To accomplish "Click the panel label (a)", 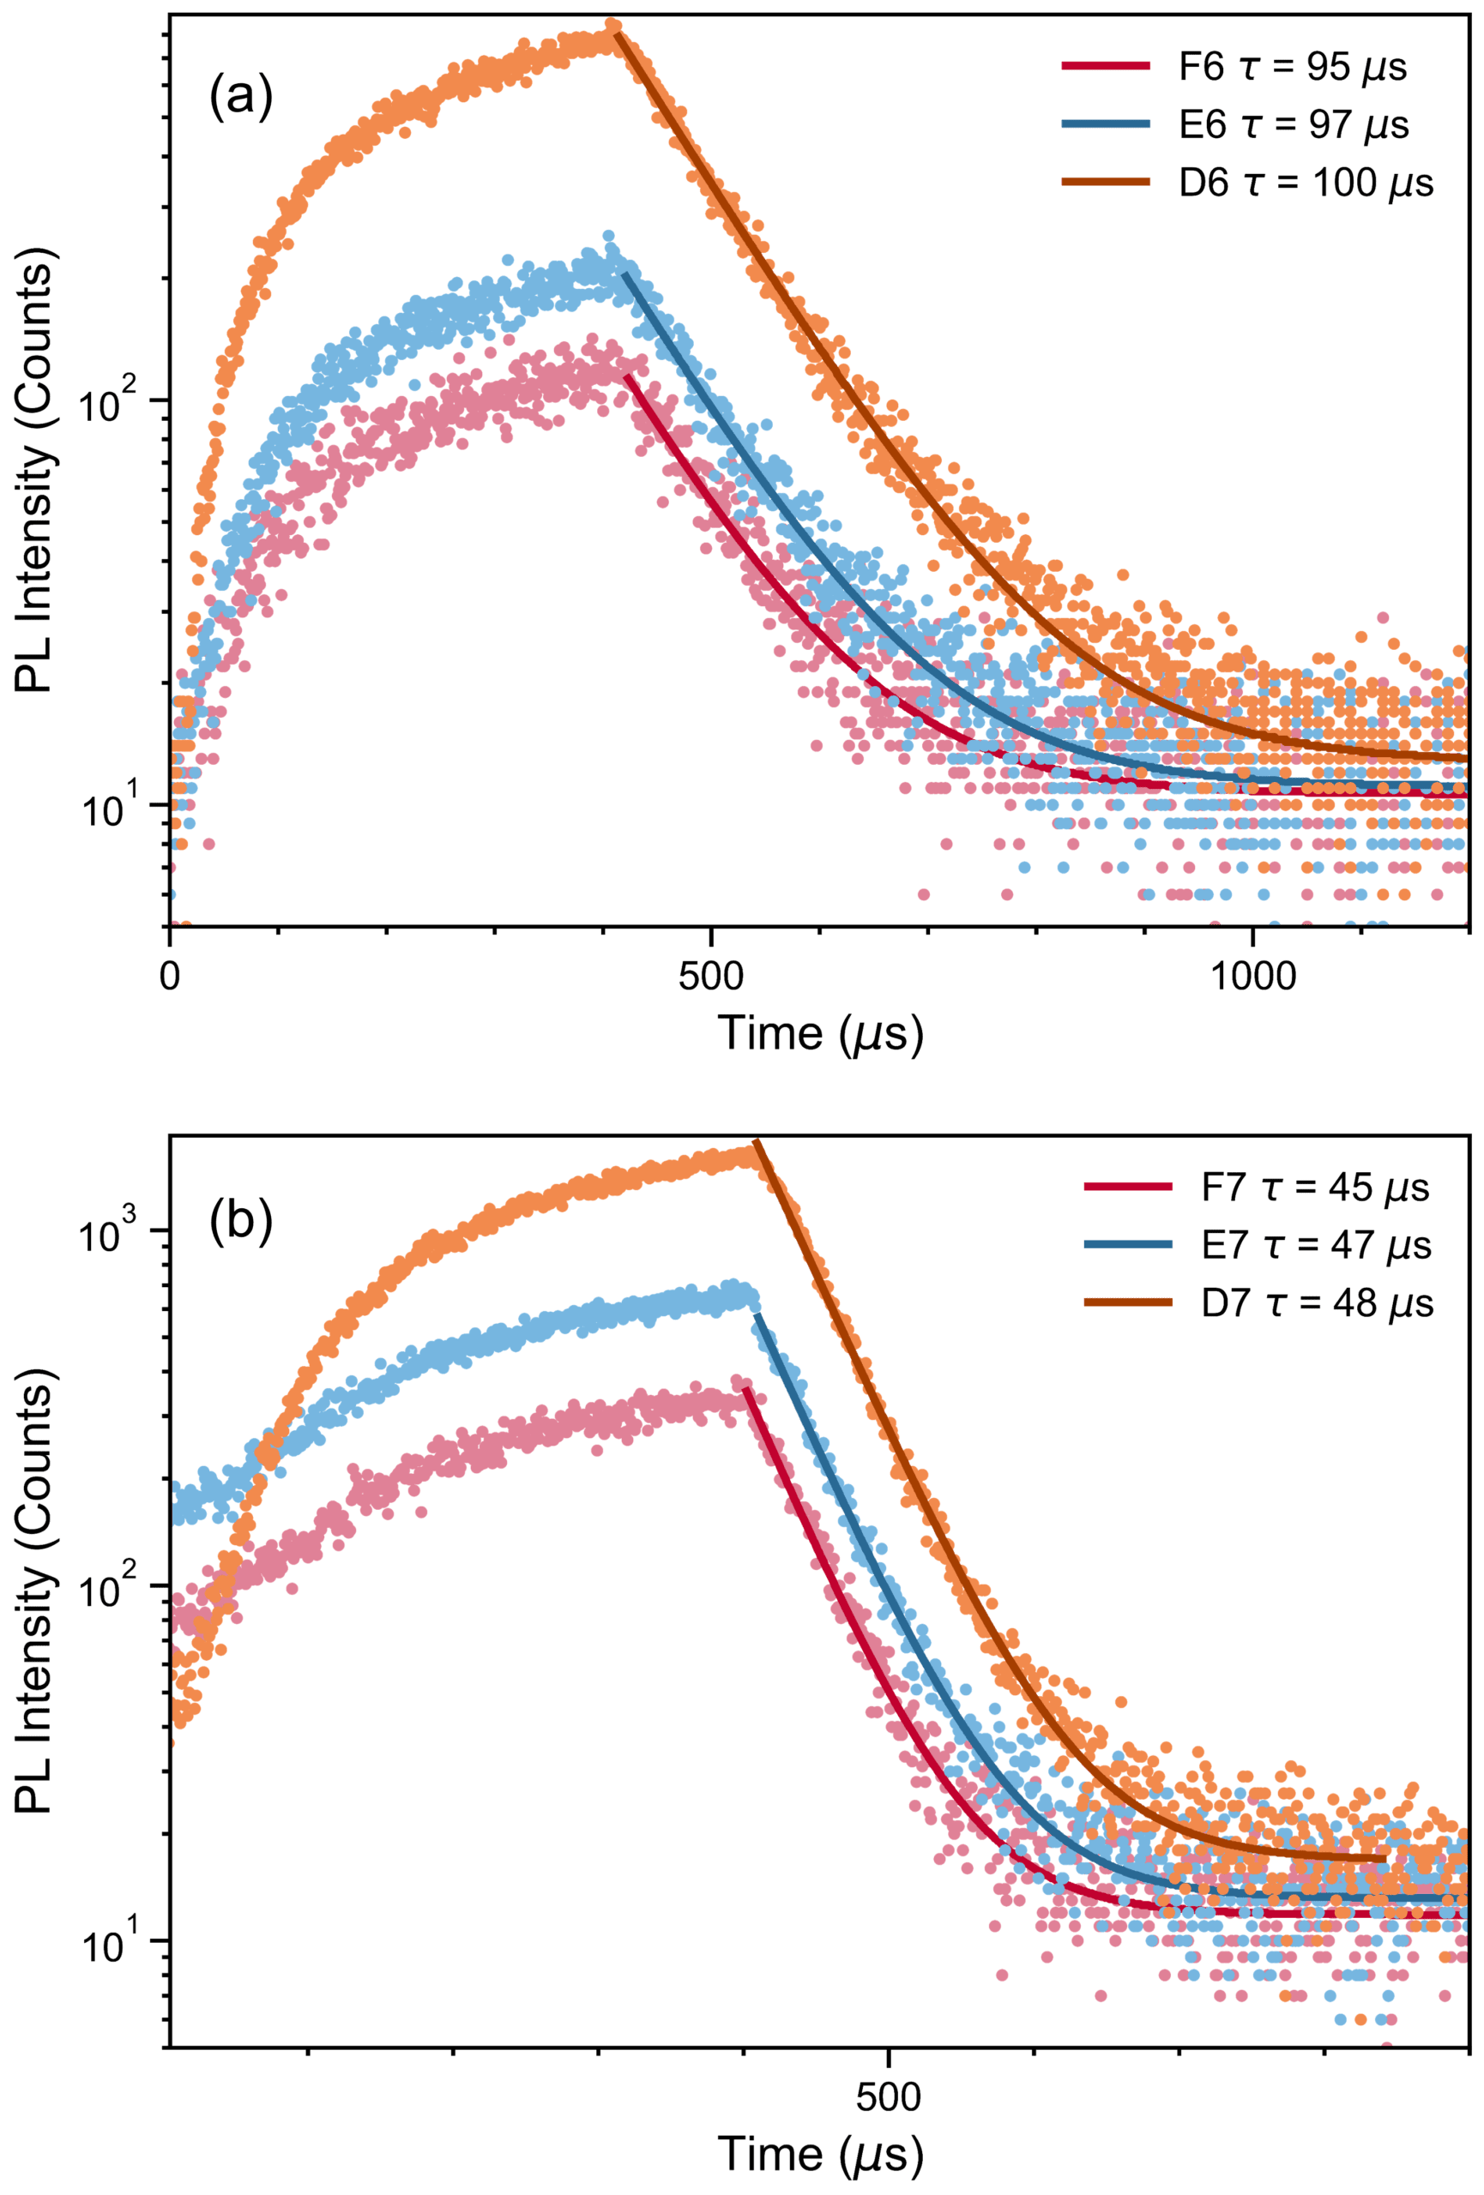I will pyautogui.click(x=241, y=99).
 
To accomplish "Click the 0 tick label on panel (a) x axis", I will pyautogui.click(x=170, y=977).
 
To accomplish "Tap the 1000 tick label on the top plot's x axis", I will pyautogui.click(x=1252, y=977).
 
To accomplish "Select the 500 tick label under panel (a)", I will pyautogui.click(x=710, y=977).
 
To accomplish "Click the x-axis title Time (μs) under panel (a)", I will pyautogui.click(x=819, y=1033).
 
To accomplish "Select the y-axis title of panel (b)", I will pyautogui.click(x=36, y=1587).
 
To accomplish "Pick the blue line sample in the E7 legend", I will pyautogui.click(x=1129, y=1246).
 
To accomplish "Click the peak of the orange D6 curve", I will pyautogui.click(x=614, y=26).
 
